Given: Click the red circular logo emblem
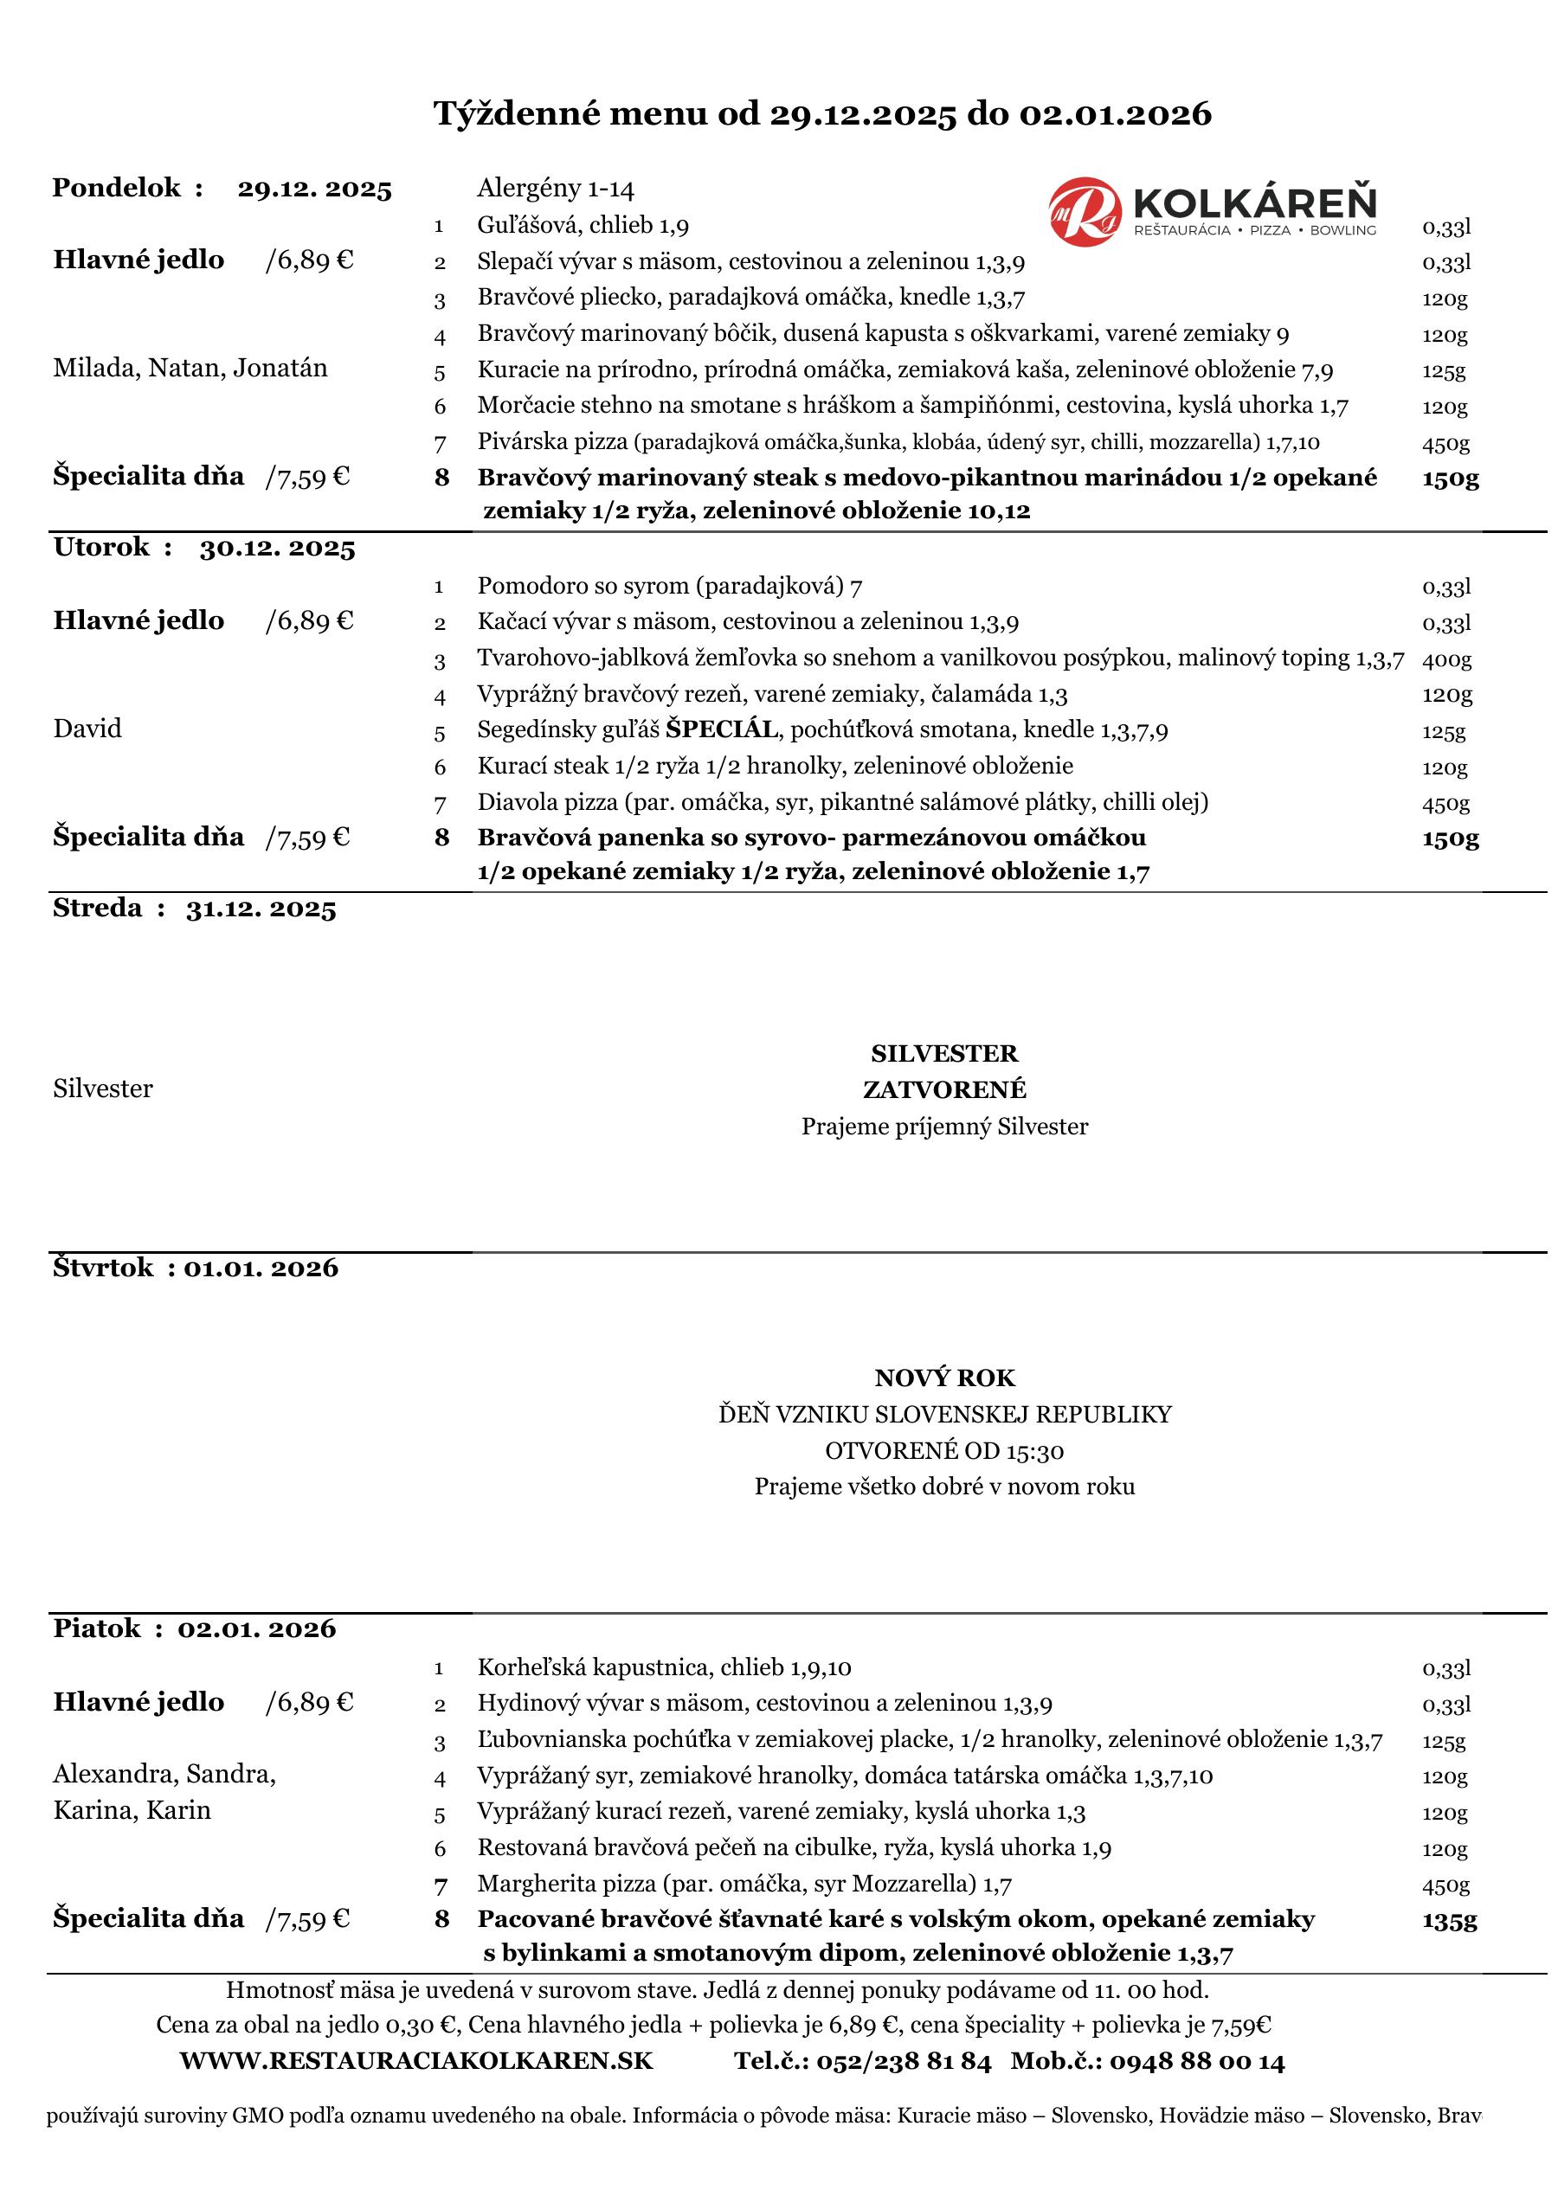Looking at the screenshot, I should [1085, 210].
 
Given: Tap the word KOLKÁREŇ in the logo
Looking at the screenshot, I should [1255, 203].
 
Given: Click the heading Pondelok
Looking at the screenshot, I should [116, 188].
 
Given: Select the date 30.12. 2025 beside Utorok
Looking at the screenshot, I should [278, 549].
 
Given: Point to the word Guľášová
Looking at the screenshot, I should [530, 226].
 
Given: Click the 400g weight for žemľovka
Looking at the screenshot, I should [1445, 660].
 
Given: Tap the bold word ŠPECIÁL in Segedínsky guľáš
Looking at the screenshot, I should [721, 730].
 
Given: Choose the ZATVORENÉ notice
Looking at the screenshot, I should [943, 1090].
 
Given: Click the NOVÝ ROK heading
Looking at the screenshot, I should [943, 1378].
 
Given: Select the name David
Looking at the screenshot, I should [87, 729].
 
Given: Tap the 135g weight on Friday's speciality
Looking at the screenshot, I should [1449, 1920].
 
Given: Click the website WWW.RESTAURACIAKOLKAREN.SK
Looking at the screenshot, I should [415, 2062].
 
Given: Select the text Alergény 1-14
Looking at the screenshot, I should [555, 189].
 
